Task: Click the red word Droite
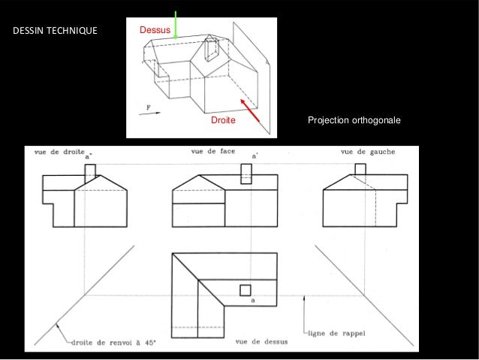coord(222,120)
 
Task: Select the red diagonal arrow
coord(251,110)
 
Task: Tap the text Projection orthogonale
coord(355,121)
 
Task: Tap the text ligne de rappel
coord(333,334)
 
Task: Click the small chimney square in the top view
coord(245,290)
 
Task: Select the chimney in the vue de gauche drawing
coord(360,169)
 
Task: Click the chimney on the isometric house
coord(209,49)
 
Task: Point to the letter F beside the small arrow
coord(148,107)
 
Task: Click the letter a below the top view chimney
coord(253,301)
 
